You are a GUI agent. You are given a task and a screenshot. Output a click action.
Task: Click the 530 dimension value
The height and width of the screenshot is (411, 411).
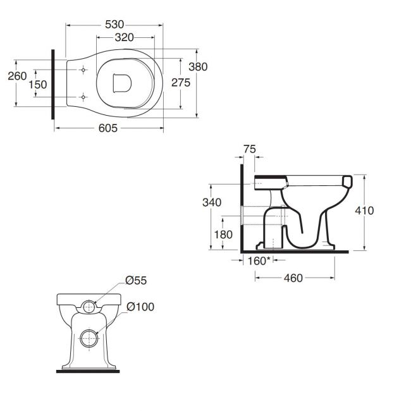point(114,25)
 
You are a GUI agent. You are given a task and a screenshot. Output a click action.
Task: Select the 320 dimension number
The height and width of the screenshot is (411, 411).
point(124,37)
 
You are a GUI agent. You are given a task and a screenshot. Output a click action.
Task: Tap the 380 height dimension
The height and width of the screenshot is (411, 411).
point(198,67)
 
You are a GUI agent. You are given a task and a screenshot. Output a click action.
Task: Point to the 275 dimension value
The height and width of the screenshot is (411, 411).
point(181,83)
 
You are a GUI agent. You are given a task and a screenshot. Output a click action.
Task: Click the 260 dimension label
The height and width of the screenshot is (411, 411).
point(17,76)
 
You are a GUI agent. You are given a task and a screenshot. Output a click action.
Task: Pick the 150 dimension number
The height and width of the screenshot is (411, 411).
point(38,85)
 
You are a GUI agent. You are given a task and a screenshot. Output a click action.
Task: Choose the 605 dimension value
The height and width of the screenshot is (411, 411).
point(108,128)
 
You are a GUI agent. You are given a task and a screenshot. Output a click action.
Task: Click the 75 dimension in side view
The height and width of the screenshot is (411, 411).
point(249,149)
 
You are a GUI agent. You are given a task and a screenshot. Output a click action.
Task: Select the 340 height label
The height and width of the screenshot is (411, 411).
point(212,202)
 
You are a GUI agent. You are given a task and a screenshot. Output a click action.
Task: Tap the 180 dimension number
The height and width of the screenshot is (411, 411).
point(223,235)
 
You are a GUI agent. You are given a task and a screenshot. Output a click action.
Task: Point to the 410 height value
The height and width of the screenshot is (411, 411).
point(364,211)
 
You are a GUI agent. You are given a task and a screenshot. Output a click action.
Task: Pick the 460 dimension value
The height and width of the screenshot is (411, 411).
point(293,278)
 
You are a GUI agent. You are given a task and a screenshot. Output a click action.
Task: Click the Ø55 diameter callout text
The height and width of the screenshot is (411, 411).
point(136,280)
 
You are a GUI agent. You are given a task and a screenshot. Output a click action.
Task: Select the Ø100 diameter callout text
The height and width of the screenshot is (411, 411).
point(140,307)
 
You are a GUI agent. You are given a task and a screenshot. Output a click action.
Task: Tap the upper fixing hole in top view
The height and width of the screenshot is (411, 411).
point(83,70)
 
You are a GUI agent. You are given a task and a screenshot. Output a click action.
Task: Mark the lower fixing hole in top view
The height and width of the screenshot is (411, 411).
point(83,97)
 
